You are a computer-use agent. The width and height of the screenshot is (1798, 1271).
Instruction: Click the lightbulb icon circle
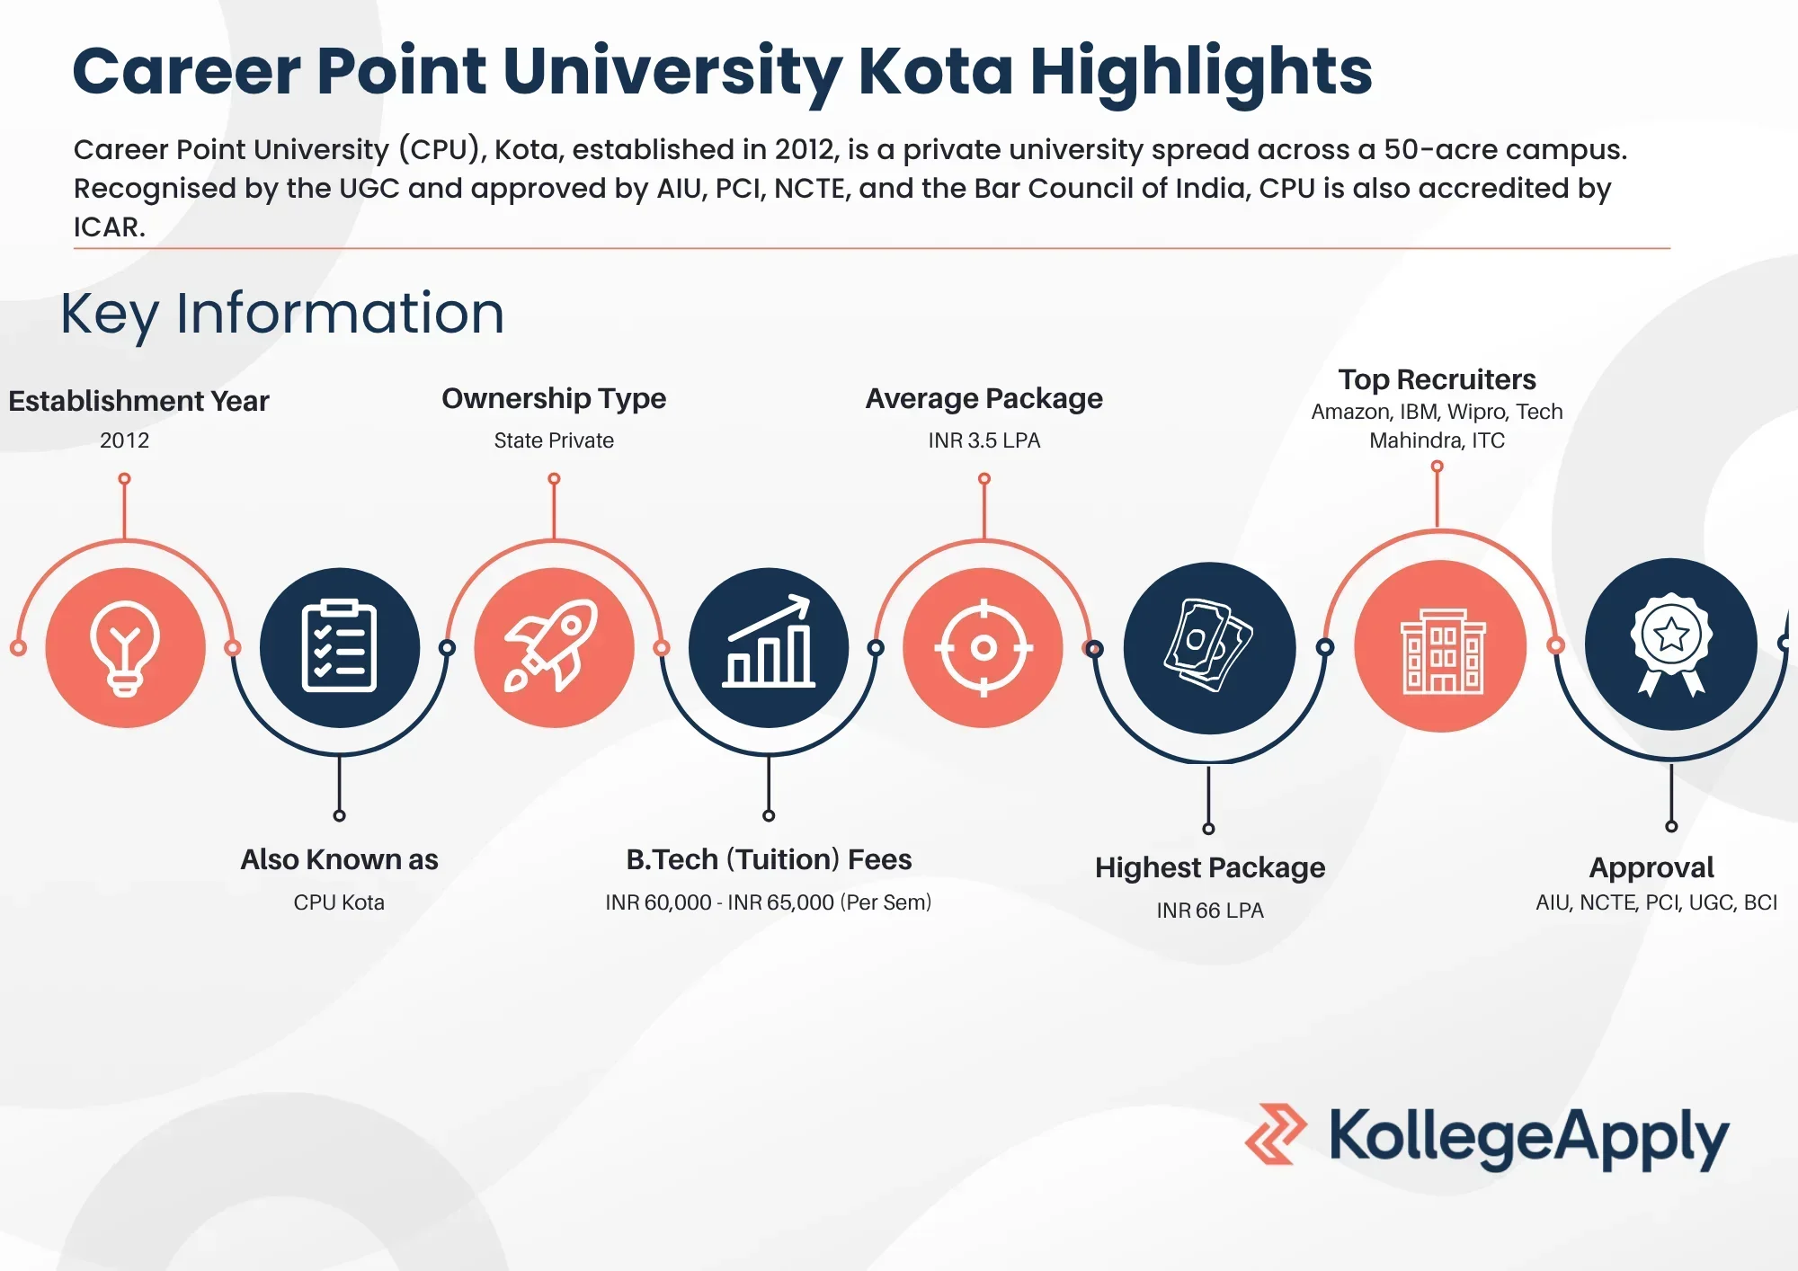click(x=125, y=647)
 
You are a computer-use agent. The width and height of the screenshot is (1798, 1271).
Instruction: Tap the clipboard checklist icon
click(x=339, y=647)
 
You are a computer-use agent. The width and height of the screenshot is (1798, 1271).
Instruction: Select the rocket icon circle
click(x=554, y=647)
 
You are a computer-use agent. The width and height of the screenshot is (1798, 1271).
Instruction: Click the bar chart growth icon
click(x=769, y=647)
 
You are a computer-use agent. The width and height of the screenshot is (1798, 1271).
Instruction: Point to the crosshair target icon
click(x=984, y=647)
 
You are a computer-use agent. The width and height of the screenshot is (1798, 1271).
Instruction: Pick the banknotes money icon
click(x=1209, y=647)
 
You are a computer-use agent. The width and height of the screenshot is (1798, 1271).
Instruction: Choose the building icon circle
click(x=1440, y=647)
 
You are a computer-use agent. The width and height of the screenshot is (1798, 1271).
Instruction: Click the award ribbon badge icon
click(x=1670, y=644)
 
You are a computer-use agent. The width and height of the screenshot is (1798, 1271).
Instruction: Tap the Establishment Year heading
click(x=138, y=401)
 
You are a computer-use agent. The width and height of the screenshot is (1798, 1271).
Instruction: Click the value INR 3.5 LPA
click(x=984, y=440)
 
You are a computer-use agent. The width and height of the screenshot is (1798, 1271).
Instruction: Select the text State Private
click(x=554, y=440)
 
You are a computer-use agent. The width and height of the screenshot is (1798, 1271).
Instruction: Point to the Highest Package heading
click(x=1209, y=867)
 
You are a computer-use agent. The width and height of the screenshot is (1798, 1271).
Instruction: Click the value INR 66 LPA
click(x=1209, y=911)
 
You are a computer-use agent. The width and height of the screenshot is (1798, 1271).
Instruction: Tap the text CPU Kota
click(x=339, y=902)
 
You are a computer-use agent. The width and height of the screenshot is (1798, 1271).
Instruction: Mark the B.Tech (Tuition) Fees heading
click(x=769, y=859)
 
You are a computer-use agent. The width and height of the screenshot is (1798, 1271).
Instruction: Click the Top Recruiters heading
click(x=1437, y=379)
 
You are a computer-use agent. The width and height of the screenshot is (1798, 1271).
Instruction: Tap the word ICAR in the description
click(x=108, y=227)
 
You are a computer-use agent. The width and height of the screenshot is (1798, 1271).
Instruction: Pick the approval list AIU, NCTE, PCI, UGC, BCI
click(x=1656, y=902)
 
